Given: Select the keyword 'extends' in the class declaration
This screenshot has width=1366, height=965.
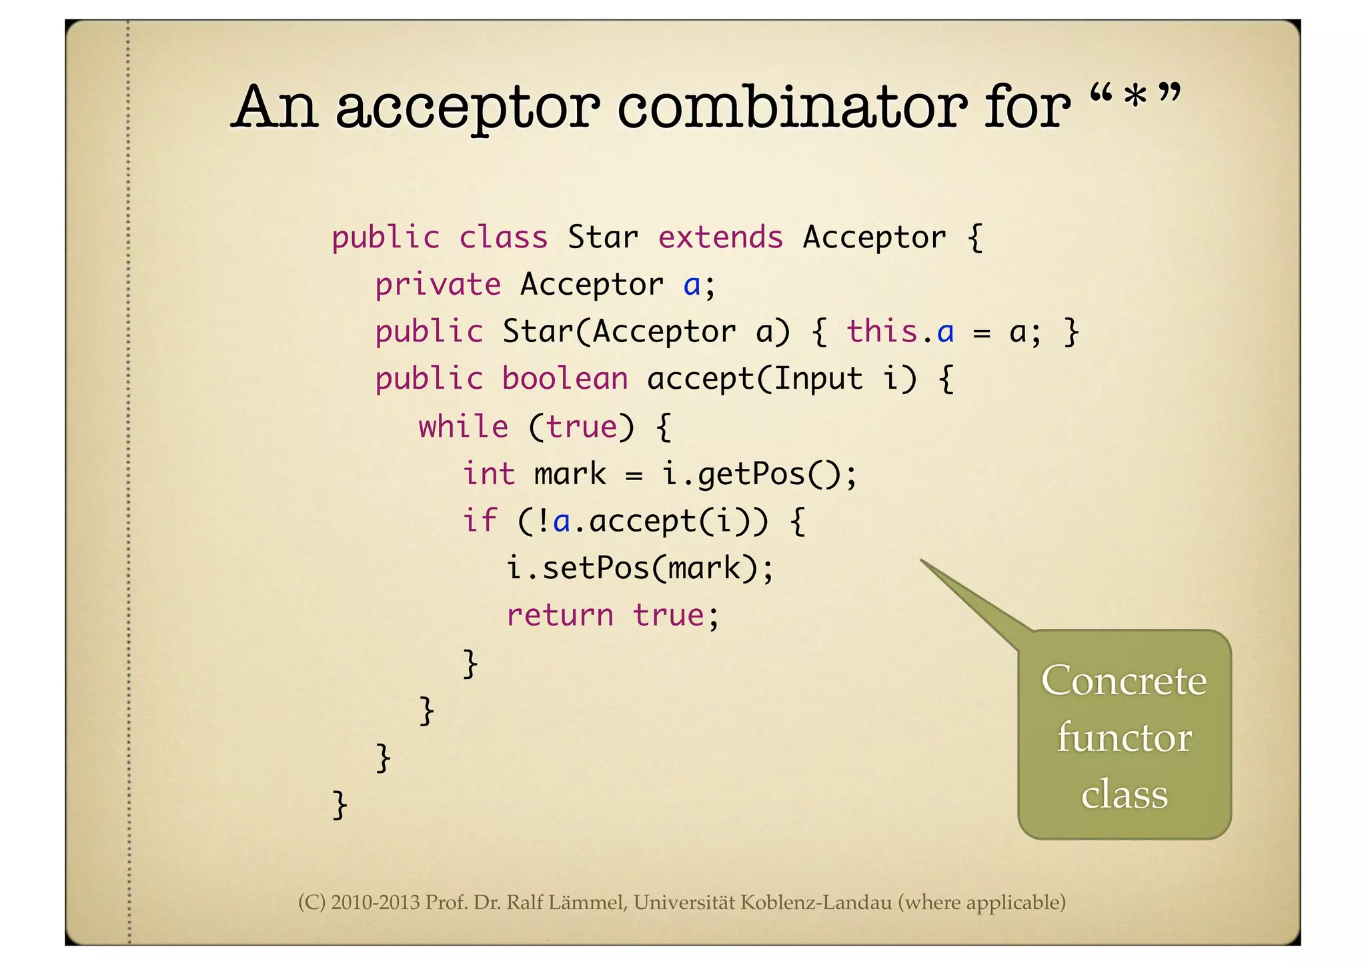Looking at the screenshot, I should [x=720, y=237].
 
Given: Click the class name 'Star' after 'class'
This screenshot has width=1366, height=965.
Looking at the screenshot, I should [x=602, y=237].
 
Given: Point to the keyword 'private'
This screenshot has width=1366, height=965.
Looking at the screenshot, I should [x=438, y=285].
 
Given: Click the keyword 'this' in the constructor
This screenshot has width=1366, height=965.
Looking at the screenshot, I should [x=882, y=331].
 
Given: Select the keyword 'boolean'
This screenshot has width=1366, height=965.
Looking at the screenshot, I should [x=565, y=379].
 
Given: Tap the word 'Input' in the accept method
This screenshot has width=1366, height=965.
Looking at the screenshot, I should [x=818, y=379].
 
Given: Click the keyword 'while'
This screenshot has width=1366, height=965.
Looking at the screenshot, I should [x=463, y=426].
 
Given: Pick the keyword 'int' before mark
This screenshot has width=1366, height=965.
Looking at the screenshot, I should [x=489, y=473].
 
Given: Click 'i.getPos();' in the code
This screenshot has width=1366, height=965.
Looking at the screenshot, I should [x=759, y=474].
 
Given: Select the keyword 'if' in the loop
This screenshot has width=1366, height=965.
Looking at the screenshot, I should [x=480, y=521].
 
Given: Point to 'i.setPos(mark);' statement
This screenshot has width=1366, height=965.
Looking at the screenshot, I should [x=640, y=569].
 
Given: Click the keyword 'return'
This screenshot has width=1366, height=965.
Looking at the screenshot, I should [x=560, y=616].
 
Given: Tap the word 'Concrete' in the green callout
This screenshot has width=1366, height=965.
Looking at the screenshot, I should [x=1124, y=681].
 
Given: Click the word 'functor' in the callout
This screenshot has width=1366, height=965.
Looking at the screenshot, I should [x=1124, y=738].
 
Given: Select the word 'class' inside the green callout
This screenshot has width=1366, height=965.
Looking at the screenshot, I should [x=1124, y=794].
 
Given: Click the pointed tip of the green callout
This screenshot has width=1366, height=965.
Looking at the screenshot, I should [x=922, y=561].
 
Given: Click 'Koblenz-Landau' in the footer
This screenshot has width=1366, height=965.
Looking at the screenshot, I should [x=816, y=902].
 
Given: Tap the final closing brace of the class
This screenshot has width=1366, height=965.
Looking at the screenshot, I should [x=339, y=804].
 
